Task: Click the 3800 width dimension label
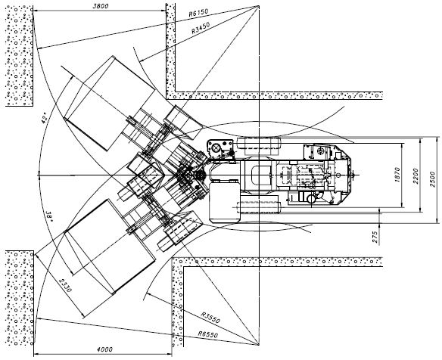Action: point(101,6)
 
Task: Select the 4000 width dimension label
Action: point(104,349)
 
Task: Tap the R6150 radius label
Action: point(198,13)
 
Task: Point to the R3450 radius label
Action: point(201,28)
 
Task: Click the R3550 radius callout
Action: point(210,318)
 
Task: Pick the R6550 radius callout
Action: point(207,334)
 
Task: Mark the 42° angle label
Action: point(44,118)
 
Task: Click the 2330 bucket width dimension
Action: point(65,285)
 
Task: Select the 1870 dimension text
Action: point(397,175)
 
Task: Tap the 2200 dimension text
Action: point(416,176)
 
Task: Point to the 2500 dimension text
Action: point(432,179)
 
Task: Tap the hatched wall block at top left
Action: point(19,56)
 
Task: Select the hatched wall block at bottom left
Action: point(20,298)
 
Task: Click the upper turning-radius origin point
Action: point(259,5)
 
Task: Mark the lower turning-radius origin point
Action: point(259,345)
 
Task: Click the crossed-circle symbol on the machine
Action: point(217,148)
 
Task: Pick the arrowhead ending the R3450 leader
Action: point(142,61)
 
